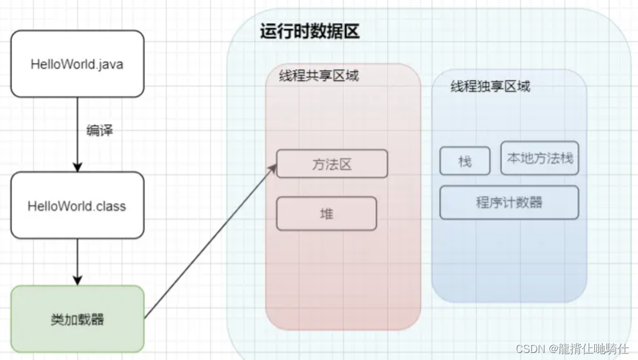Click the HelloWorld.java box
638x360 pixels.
point(77,64)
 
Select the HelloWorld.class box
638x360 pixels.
point(77,206)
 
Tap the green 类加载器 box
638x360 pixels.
point(77,319)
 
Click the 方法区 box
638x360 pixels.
point(332,164)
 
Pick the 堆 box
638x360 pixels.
point(326,213)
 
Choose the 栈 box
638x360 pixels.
point(465,161)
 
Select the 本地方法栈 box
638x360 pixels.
point(539,158)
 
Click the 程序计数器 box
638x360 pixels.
point(509,202)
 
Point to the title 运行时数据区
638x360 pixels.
point(310,31)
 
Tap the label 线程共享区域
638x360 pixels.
point(319,76)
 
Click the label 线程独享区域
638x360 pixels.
point(490,86)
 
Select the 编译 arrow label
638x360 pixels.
point(99,131)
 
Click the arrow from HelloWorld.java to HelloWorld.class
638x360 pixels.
point(77,148)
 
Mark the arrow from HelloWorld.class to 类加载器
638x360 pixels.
point(77,260)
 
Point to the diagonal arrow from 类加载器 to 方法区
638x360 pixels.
point(210,242)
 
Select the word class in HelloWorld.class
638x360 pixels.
point(112,206)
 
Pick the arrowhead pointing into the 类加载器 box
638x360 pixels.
point(77,280)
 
